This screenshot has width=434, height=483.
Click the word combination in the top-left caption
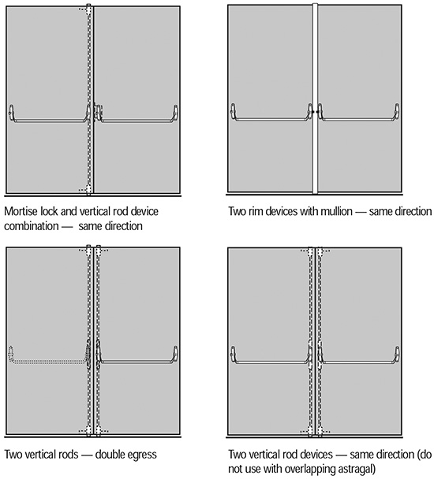pyautogui.click(x=32, y=226)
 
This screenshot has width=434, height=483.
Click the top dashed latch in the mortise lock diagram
pyautogui.click(x=85, y=11)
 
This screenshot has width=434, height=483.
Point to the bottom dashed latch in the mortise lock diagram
pyautogui.click(x=85, y=189)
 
